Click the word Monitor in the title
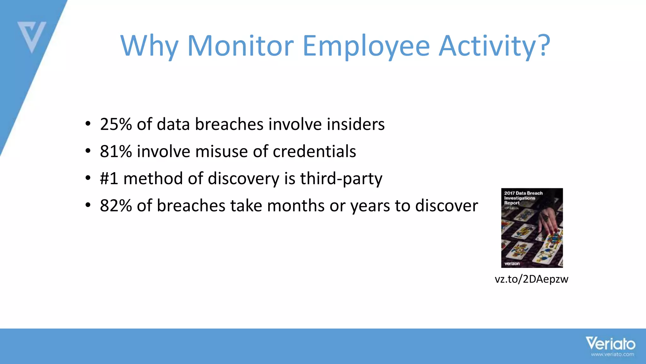240,46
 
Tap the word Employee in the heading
366,47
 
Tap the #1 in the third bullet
109,179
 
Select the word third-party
341,179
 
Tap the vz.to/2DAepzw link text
531,279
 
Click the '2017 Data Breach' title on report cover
523,193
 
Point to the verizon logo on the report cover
512,264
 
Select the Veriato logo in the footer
610,343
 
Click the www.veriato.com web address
612,355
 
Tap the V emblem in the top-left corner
32,36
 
